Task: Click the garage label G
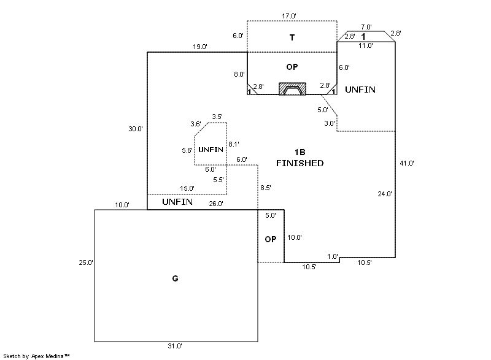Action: [175, 279]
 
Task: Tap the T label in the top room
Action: [292, 38]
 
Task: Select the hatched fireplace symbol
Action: [292, 89]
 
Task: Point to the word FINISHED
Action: [300, 164]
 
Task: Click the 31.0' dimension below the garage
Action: [174, 346]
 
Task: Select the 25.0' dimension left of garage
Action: [85, 262]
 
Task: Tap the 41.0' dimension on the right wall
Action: [406, 163]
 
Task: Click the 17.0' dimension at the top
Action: [289, 15]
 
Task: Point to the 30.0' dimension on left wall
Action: [136, 129]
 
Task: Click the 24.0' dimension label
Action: [385, 194]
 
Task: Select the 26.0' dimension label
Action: [216, 204]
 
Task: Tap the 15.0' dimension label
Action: [187, 188]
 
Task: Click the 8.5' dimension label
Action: [266, 187]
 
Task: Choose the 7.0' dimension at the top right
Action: [366, 27]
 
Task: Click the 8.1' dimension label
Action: [234, 144]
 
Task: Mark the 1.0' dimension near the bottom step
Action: [333, 256]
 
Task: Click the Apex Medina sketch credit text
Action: [37, 355]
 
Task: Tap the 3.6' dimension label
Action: [196, 124]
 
